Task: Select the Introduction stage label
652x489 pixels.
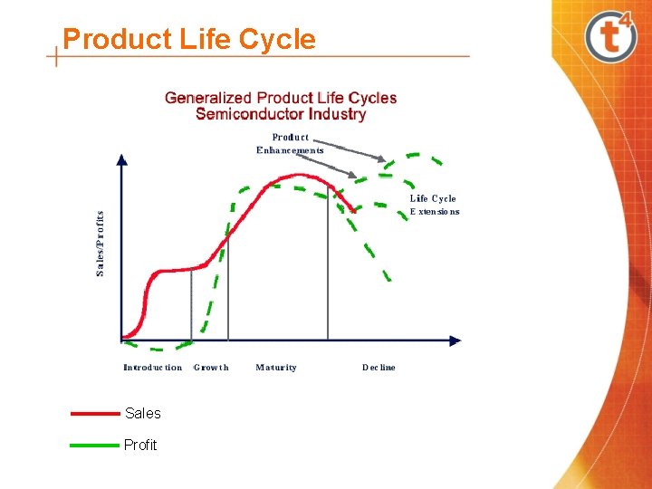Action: point(152,368)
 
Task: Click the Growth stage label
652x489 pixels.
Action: point(211,368)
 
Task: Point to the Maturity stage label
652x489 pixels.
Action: point(276,368)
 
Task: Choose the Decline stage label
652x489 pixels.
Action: point(379,368)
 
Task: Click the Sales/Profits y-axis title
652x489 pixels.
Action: point(101,244)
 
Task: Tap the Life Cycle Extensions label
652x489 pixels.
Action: point(434,205)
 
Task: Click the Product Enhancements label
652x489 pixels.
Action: point(290,144)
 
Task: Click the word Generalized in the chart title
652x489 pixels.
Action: point(208,98)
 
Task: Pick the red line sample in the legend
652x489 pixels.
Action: point(95,413)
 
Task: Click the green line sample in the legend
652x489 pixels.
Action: point(95,445)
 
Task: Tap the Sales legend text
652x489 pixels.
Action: point(143,413)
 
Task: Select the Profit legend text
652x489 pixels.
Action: point(140,445)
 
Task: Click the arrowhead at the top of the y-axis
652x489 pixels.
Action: point(122,159)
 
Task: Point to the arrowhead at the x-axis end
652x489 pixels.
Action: point(455,340)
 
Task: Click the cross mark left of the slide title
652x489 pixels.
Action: point(57,56)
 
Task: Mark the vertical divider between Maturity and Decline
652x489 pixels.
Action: point(328,272)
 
